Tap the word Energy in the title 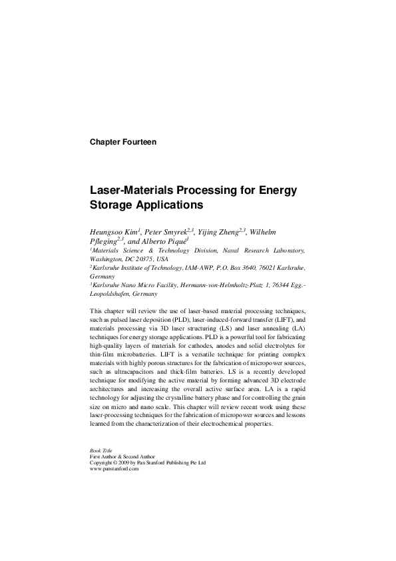point(277,190)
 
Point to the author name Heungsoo point(108,231)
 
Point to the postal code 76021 point(266,268)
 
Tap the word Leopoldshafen point(110,294)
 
